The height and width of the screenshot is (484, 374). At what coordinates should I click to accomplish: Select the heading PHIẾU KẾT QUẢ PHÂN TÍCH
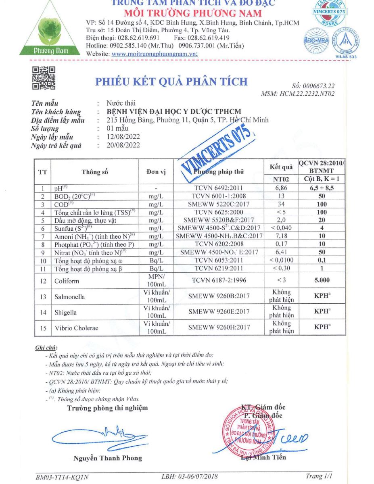click(171, 81)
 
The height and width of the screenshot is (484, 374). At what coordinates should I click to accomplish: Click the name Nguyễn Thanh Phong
click(108, 458)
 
